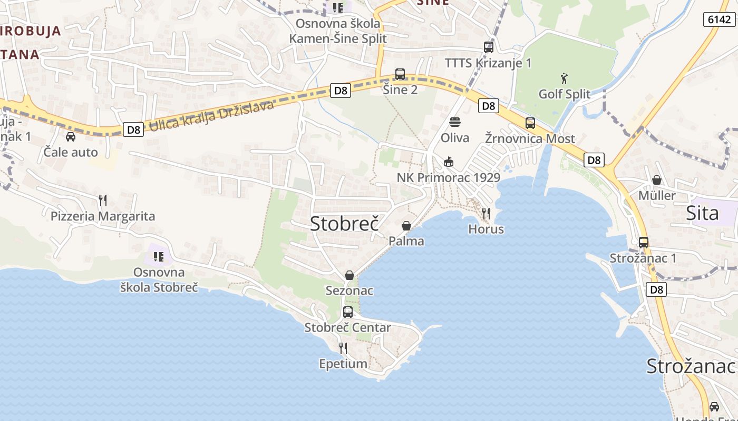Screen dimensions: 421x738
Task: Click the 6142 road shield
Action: (x=720, y=19)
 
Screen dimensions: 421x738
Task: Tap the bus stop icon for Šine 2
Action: (x=400, y=74)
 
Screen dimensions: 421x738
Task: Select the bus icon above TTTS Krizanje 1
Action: (x=489, y=47)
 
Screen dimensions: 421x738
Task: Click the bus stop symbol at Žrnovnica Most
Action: (x=530, y=123)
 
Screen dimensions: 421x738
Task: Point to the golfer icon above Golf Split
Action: (x=564, y=79)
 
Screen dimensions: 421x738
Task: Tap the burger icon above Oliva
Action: (x=455, y=123)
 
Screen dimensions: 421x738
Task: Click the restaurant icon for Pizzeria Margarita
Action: (x=103, y=201)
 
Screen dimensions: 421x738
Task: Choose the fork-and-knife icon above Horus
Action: (x=486, y=214)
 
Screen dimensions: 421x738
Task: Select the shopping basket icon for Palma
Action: (x=406, y=226)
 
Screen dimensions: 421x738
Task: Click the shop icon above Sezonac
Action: (x=349, y=275)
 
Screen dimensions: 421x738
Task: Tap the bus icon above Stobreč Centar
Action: (x=348, y=312)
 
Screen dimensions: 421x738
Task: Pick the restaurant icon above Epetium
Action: (x=343, y=348)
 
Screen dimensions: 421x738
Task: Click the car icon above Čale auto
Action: (x=70, y=137)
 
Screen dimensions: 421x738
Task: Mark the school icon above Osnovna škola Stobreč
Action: (x=158, y=257)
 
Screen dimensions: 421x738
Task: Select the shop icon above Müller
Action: (x=657, y=180)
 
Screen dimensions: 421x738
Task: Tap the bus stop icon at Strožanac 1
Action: (x=644, y=243)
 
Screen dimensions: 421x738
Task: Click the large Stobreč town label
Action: (x=344, y=224)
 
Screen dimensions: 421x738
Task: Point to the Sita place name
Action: (x=702, y=213)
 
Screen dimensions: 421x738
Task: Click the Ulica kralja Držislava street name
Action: (x=211, y=116)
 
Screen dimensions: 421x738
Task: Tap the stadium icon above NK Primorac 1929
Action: (x=449, y=162)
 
